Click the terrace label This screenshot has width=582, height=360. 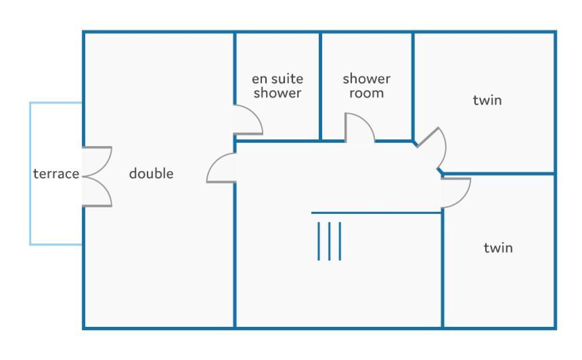click(56, 174)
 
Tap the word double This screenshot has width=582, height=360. click(151, 173)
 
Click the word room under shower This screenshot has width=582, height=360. click(366, 93)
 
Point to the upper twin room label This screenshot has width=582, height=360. click(487, 100)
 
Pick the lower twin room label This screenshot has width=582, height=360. click(498, 248)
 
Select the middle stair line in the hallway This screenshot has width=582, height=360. click(329, 241)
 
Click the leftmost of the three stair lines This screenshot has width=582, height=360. click(319, 241)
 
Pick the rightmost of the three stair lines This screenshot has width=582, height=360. click(340, 241)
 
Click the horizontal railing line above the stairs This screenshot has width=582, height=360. click(376, 213)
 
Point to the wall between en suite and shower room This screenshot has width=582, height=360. click(320, 87)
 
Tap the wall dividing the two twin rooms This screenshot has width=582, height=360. click(499, 173)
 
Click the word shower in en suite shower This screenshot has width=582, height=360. click(277, 93)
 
